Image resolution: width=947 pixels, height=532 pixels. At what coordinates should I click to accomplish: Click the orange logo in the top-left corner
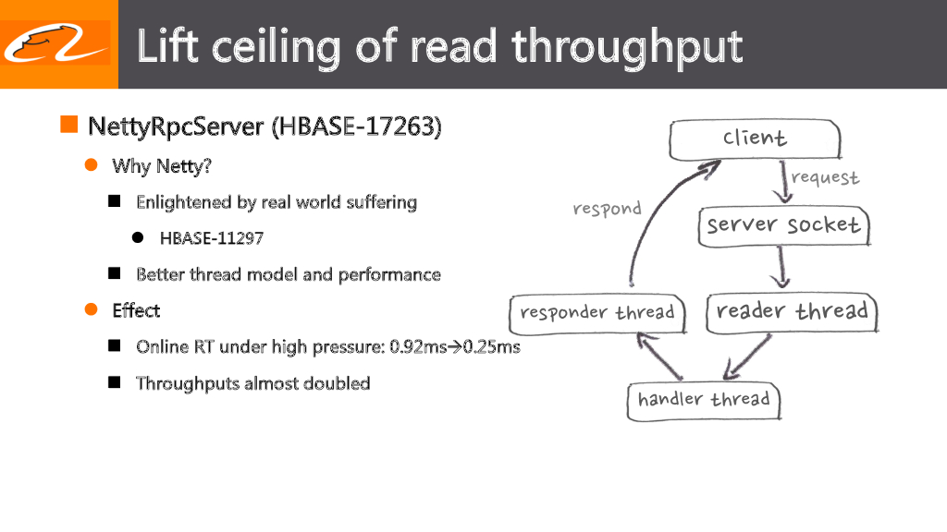55,43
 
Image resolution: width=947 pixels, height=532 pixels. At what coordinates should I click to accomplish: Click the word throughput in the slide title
628,45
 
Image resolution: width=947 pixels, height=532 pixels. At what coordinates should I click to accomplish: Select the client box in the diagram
755,139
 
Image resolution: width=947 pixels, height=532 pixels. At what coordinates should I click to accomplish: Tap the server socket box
783,225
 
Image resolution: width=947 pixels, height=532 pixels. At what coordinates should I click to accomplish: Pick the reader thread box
792,312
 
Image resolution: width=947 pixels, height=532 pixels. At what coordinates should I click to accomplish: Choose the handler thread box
704,400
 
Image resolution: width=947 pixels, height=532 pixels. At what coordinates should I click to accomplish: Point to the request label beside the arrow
825,177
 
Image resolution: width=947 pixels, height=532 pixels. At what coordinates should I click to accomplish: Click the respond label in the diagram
607,209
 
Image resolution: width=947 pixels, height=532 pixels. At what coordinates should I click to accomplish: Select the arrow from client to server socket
785,183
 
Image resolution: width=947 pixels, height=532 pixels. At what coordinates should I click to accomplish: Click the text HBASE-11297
212,238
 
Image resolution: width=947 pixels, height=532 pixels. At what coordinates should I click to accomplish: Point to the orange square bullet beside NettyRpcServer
68,125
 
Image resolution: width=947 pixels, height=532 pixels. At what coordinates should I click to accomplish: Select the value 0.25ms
491,347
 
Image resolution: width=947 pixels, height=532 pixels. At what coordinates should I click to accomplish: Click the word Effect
136,310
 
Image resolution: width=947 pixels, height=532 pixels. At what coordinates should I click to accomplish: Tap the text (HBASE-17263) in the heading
356,126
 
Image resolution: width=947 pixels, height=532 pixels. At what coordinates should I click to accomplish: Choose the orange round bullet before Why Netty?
92,165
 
